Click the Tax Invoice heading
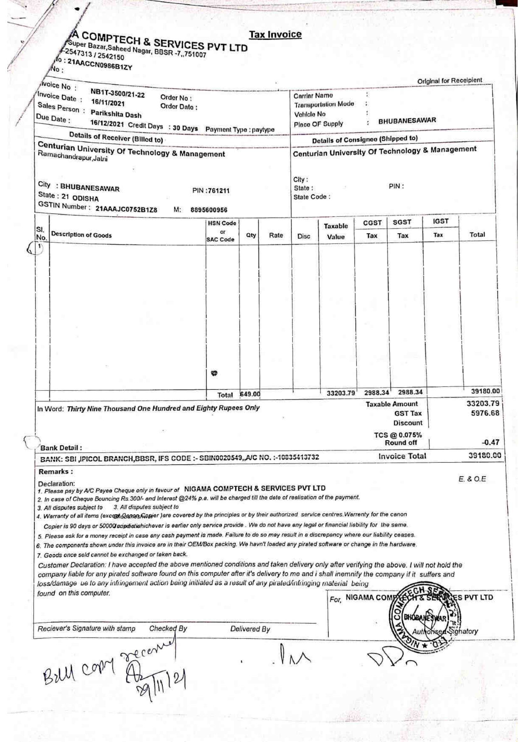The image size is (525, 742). [275, 35]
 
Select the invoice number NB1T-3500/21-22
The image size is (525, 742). [118, 94]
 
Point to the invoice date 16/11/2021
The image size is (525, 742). [108, 103]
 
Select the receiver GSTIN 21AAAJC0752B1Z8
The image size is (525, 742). [126, 209]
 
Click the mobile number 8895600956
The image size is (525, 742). [209, 210]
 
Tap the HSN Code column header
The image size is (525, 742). [222, 223]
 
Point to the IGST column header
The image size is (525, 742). [440, 222]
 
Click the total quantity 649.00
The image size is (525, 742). [250, 394]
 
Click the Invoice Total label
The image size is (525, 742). [402, 456]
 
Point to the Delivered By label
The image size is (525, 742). [250, 629]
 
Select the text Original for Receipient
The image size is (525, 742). [450, 81]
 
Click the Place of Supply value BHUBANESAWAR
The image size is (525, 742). [407, 121]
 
